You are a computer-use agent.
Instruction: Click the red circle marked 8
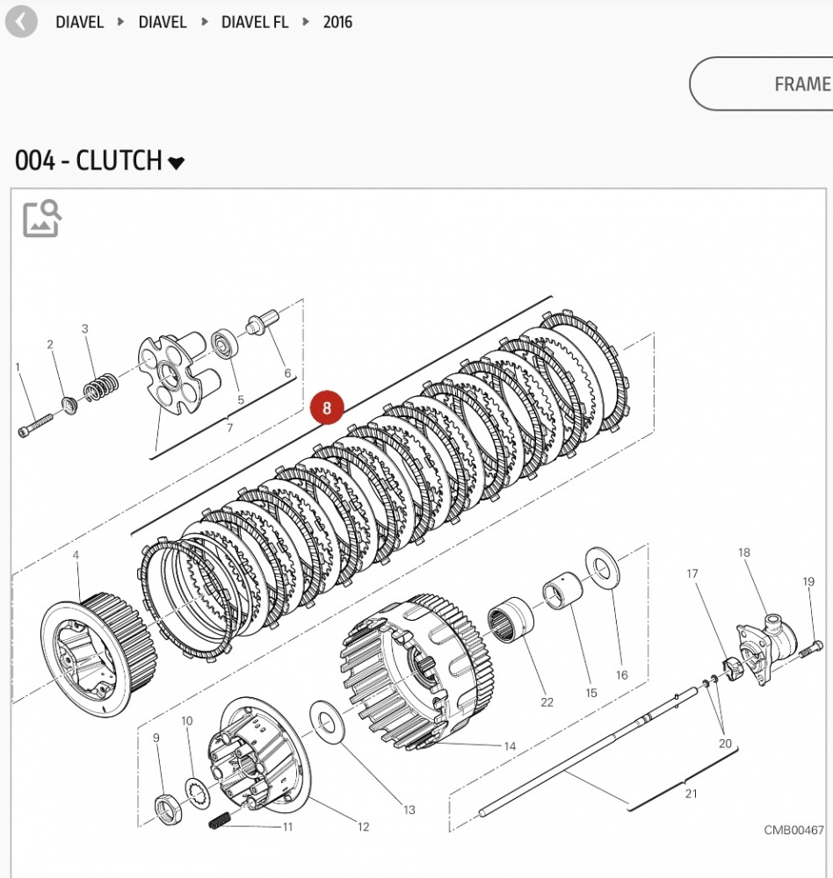tap(327, 408)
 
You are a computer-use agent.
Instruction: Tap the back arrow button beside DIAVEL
tap(21, 22)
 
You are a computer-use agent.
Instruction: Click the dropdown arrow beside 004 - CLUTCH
tap(177, 162)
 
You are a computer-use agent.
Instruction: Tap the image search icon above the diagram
tap(41, 219)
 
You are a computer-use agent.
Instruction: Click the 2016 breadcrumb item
tap(337, 22)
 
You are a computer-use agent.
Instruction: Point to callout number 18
tap(744, 552)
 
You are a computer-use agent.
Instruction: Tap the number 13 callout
tap(409, 810)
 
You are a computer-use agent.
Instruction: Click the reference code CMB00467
tap(793, 830)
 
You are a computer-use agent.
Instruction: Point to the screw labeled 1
tap(33, 422)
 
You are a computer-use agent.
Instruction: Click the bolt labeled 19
tap(808, 651)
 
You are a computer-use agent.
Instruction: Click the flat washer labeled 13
tap(329, 723)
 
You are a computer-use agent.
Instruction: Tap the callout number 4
tap(76, 555)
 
